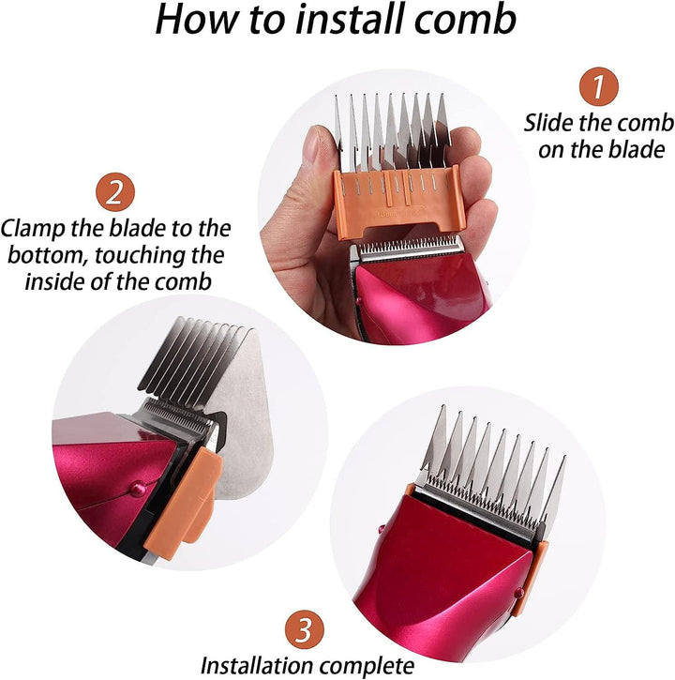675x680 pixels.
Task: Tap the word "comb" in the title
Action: (x=465, y=19)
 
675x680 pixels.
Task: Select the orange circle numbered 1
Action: (x=599, y=86)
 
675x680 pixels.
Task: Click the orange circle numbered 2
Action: (x=115, y=191)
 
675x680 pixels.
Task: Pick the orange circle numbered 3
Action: (x=305, y=629)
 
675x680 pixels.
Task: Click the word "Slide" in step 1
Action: (x=548, y=123)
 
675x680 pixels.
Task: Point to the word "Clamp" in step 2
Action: (x=33, y=229)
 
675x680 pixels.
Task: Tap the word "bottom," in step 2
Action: (x=48, y=255)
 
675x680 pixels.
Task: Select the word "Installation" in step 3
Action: (x=257, y=665)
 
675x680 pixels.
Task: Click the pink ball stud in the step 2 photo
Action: (x=139, y=490)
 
